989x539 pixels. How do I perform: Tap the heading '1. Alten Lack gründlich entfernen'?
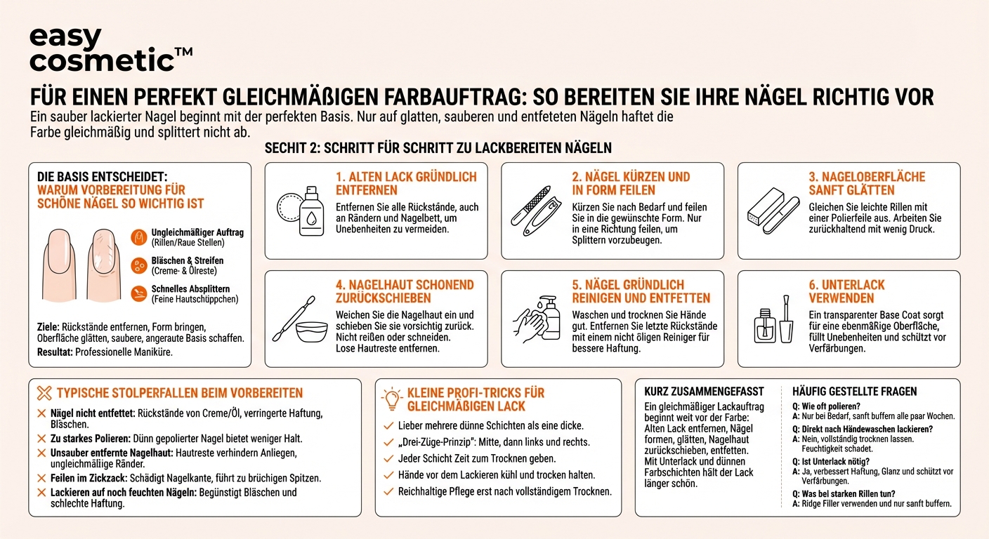tap(406, 183)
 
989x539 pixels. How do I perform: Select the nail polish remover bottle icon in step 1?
tap(311, 208)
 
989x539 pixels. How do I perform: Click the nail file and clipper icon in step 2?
tap(535, 208)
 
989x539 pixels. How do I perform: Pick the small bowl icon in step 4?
tap(312, 331)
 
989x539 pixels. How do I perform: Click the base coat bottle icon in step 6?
tap(765, 324)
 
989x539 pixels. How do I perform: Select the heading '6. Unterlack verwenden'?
tap(846, 291)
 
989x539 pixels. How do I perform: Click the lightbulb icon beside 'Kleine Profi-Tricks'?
tap(391, 399)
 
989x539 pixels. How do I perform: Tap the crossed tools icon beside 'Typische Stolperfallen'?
tap(44, 393)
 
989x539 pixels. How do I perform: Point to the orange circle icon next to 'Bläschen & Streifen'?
tap(139, 265)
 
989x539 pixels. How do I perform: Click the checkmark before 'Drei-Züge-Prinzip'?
tap(388, 442)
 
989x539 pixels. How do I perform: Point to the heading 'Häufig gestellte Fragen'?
tap(854, 392)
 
